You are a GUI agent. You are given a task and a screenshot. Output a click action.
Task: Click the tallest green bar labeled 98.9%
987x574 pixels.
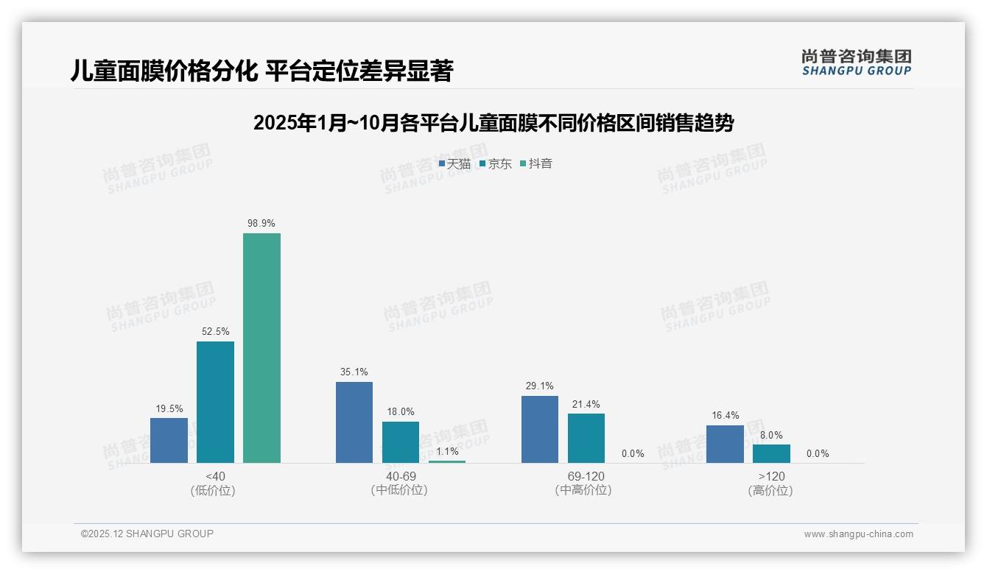[x=261, y=347]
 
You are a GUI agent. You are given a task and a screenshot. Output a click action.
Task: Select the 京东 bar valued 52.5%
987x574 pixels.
[x=215, y=402]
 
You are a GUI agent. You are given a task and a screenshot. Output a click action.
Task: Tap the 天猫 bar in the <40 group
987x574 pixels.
[x=169, y=440]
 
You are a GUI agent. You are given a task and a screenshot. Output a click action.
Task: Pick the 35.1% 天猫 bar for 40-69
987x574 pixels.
[x=354, y=422]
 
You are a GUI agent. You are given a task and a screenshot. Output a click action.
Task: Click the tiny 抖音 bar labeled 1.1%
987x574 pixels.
[x=447, y=461]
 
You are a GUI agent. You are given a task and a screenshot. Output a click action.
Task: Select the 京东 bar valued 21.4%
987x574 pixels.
[x=586, y=438]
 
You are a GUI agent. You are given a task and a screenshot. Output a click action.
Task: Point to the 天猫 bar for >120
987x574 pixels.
[x=725, y=444]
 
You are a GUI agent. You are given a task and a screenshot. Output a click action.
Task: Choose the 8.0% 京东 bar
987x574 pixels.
[x=771, y=453]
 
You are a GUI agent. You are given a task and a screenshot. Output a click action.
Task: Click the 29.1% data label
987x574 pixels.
[x=540, y=386]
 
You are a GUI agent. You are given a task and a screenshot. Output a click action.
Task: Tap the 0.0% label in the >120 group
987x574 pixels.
[x=818, y=453]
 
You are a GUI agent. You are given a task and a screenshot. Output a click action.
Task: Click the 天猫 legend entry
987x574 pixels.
[x=454, y=163]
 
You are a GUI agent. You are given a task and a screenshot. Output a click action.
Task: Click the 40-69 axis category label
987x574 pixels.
[x=399, y=476]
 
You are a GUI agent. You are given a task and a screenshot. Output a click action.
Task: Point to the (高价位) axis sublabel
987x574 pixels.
[x=770, y=490]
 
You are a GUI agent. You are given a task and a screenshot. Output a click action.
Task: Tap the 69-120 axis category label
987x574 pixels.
[x=586, y=476]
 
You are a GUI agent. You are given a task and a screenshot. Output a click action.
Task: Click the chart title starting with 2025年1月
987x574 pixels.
[x=493, y=123]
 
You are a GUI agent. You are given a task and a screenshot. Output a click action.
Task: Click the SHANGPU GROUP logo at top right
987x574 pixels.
[x=856, y=63]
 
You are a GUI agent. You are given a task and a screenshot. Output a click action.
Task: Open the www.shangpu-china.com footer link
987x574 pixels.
[x=858, y=534]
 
